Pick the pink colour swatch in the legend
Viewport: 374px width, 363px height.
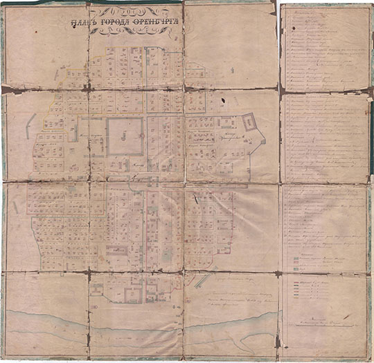[296, 255]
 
